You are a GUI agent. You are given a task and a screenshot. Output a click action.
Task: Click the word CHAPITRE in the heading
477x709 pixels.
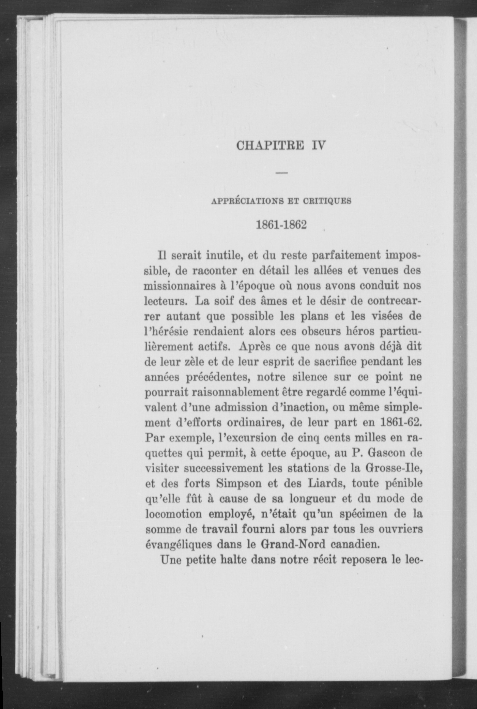[x=270, y=146]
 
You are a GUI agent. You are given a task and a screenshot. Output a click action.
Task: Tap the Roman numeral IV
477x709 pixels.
[x=318, y=146]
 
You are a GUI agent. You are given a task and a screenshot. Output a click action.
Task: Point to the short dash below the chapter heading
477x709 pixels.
[x=282, y=174]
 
